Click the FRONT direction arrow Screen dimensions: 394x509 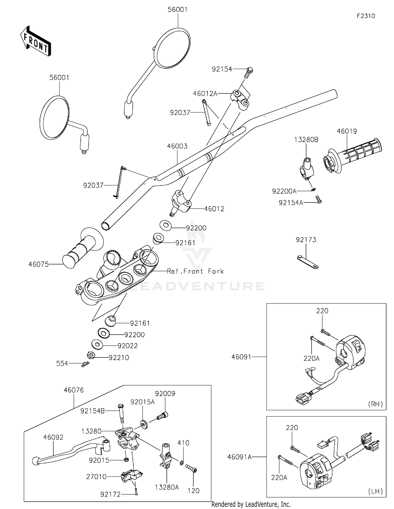point(35,41)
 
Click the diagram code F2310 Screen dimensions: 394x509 point(366,16)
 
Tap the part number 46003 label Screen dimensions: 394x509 point(177,146)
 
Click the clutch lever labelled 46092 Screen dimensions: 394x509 point(71,451)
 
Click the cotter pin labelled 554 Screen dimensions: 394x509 point(85,364)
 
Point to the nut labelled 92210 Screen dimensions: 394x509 point(91,355)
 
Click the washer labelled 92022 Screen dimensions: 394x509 point(97,344)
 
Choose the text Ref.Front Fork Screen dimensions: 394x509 point(195,271)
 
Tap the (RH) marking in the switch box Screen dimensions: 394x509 point(375,404)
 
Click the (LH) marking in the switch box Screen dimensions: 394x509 point(376,491)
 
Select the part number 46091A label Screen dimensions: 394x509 point(239,457)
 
